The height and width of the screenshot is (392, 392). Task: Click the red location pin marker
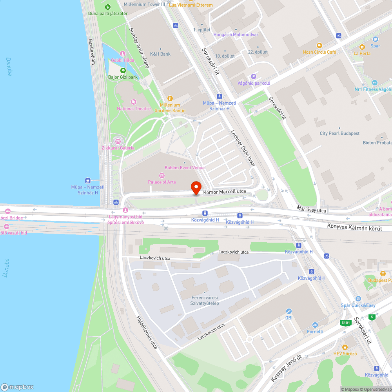pos(196,187)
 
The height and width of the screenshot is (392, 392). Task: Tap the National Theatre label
pos(134,109)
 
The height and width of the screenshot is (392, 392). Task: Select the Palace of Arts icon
pos(162,175)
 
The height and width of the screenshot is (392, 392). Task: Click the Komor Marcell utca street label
pos(225,192)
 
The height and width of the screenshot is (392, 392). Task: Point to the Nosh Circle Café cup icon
pos(319,45)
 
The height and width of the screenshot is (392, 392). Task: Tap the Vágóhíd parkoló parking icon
pos(254,76)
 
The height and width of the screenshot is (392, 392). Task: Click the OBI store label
pos(289,318)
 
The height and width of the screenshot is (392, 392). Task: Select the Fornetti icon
pos(315,325)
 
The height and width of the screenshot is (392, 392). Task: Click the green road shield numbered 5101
pos(345,323)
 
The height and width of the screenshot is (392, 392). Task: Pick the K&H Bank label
pos(160,54)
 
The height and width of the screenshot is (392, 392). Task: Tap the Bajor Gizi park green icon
pos(123,71)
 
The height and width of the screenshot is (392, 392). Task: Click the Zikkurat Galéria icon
pos(118,141)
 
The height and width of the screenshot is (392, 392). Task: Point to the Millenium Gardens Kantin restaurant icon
pos(170,98)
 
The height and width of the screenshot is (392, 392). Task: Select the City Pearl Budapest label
pos(339,133)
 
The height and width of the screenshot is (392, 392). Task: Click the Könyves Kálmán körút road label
pos(354,227)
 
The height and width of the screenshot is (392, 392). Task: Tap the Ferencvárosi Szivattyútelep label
pos(205,300)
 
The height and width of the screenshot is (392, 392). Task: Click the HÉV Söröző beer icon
pos(345,347)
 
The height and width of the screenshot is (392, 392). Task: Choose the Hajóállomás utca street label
pos(147,332)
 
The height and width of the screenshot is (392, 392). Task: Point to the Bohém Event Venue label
pos(185,168)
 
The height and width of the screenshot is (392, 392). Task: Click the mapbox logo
pos(18,387)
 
